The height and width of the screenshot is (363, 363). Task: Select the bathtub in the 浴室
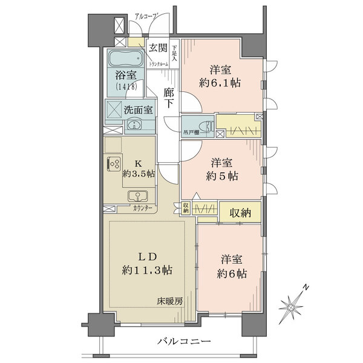pos(126,61)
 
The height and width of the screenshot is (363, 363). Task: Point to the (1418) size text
pos(126,87)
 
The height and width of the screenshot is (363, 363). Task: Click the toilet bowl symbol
pos(208,127)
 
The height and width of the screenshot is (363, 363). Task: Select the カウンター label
pos(142,209)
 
